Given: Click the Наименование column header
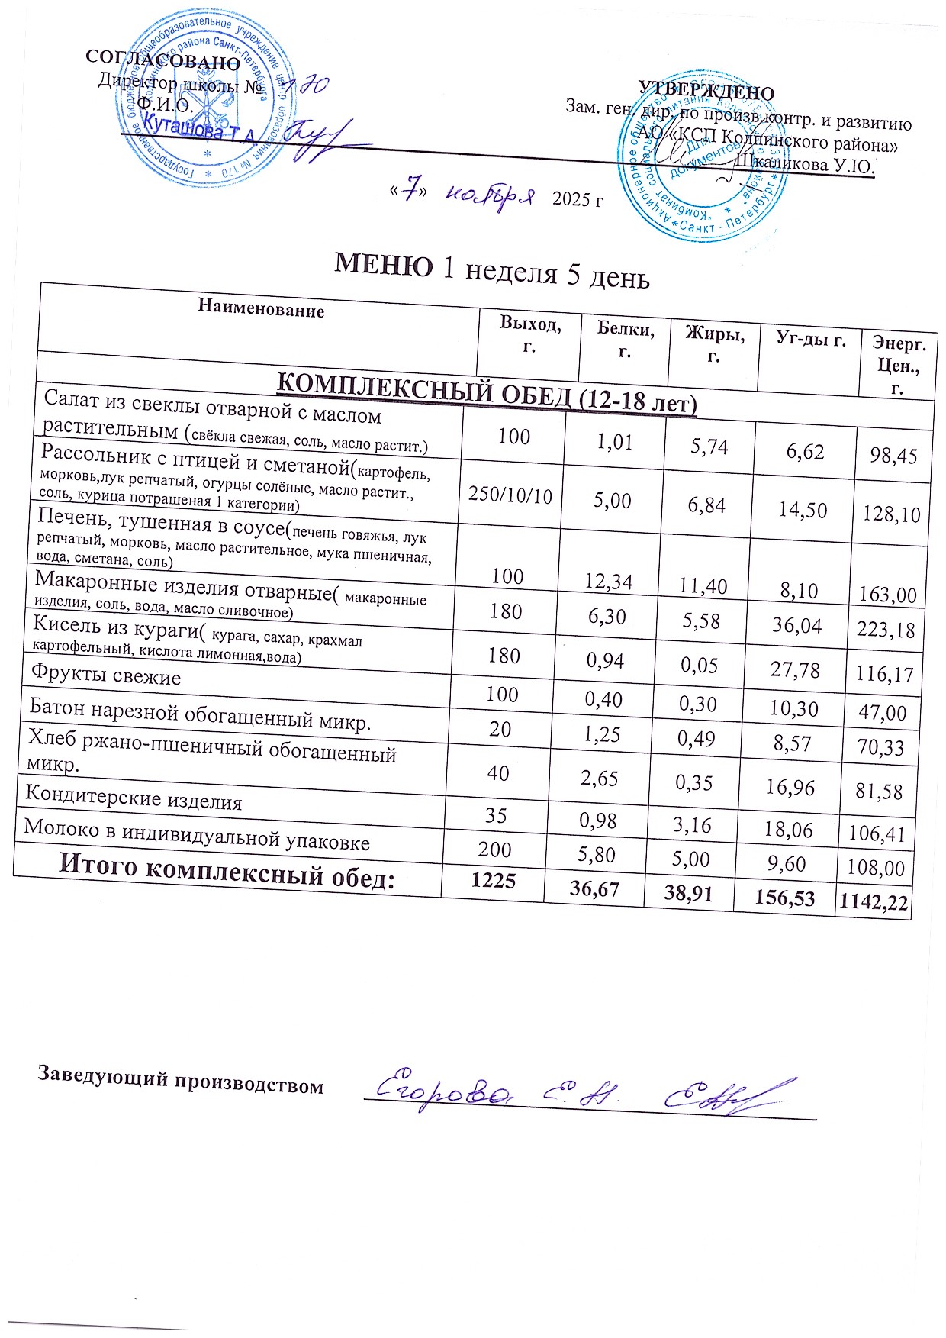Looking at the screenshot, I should pos(261,308).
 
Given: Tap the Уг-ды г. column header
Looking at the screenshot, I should pos(810,339).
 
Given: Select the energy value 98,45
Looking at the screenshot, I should pos(893,456).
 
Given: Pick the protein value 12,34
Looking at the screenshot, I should pos(608,582).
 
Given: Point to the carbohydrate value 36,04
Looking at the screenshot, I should pos(796,626).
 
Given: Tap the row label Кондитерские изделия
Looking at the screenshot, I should pos(134,798).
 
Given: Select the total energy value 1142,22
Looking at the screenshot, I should pos(873,903).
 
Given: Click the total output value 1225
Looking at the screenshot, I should pos(494,880).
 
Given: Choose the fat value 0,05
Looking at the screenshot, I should pos(700,666).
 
